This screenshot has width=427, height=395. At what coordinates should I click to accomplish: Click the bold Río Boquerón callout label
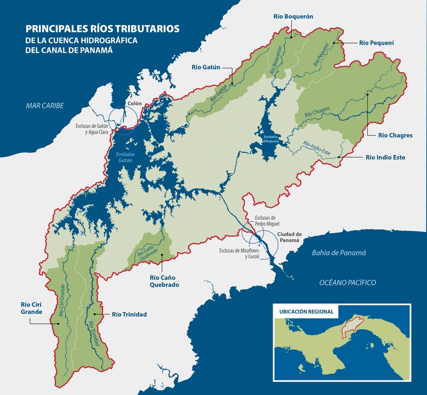[x=293, y=17]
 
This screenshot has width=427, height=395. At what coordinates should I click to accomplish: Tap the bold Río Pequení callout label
[x=377, y=42]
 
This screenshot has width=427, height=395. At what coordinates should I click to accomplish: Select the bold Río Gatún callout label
[x=206, y=67]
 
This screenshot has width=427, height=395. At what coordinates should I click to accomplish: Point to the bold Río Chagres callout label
[x=395, y=135]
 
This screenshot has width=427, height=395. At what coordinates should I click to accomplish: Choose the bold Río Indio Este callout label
[x=385, y=157]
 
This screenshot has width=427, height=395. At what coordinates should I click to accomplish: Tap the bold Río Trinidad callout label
[x=129, y=314]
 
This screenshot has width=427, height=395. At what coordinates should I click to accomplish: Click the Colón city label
[x=135, y=103]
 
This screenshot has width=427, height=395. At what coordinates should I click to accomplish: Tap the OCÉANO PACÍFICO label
[x=348, y=282]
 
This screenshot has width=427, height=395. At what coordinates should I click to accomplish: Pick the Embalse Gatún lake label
[x=125, y=158]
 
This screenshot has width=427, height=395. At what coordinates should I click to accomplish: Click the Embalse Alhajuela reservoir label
[x=271, y=139]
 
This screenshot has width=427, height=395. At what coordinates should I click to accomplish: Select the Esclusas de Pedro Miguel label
[x=267, y=221]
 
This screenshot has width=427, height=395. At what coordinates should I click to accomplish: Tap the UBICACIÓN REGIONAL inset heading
[x=306, y=311]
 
